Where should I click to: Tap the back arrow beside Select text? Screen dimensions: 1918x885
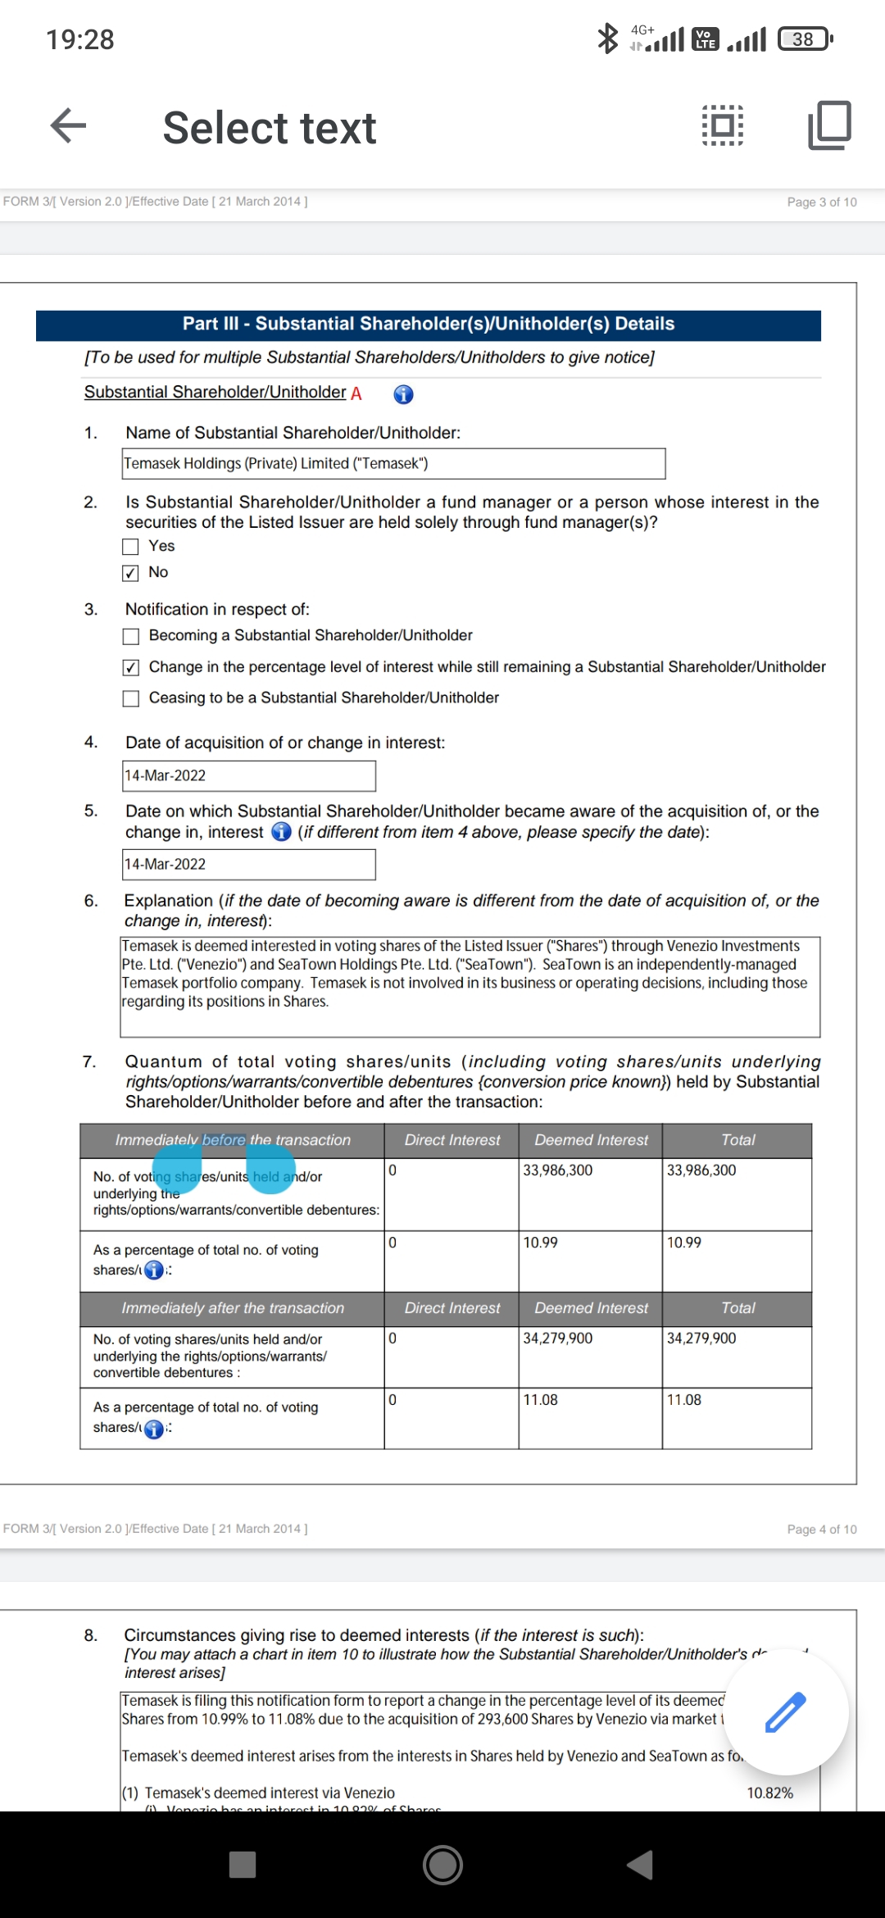[x=68, y=126]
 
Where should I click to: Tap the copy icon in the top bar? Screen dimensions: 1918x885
[x=829, y=125]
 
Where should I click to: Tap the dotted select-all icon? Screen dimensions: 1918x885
[x=723, y=125]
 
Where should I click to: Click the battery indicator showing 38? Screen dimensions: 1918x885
[x=805, y=39]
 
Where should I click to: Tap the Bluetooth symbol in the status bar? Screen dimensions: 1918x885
[x=607, y=39]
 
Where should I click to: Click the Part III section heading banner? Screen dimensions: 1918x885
[x=429, y=325]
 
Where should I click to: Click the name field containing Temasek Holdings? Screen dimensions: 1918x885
[x=393, y=464]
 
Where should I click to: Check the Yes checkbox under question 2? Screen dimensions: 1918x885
[x=130, y=547]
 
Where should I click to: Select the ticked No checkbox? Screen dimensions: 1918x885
[x=130, y=573]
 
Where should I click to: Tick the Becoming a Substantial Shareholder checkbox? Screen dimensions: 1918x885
[x=130, y=636]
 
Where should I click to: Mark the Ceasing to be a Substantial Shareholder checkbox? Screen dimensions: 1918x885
[x=130, y=698]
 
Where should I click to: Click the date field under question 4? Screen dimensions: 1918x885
[x=249, y=776]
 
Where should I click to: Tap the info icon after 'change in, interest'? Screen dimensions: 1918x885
[x=281, y=832]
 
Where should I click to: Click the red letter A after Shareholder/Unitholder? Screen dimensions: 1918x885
[x=356, y=393]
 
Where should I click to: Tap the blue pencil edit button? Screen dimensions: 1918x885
[x=785, y=1711]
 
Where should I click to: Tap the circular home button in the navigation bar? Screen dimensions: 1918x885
[x=442, y=1865]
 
